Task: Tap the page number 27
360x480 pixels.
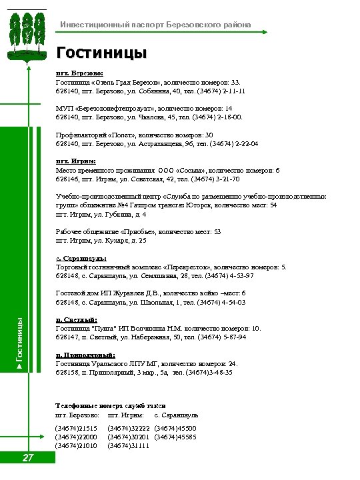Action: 28,458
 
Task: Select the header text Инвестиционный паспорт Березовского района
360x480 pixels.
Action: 156,25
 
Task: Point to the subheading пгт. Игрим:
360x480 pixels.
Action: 75,161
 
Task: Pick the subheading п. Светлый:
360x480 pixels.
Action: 77,320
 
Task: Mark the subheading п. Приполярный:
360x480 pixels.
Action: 85,355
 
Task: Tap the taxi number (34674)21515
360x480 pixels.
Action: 76,428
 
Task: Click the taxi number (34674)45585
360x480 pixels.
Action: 175,437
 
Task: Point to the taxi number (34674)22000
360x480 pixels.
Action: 76,437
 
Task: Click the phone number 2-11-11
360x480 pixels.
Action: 231,91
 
